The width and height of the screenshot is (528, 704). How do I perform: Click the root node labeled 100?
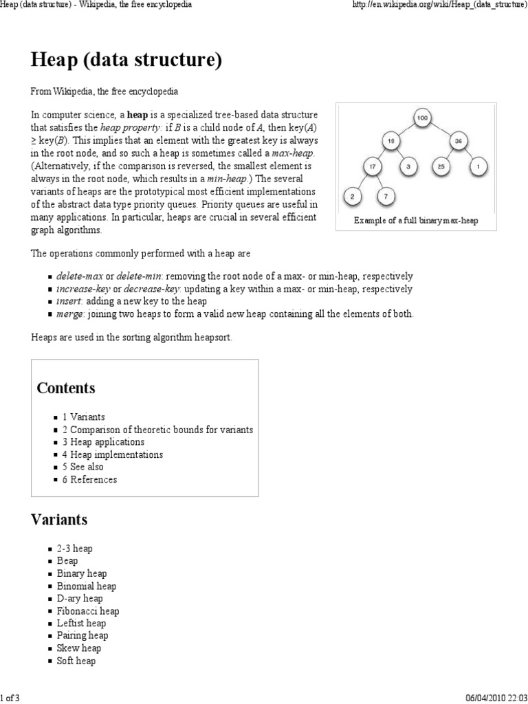coord(422,118)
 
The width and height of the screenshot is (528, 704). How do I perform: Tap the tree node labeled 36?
coord(458,142)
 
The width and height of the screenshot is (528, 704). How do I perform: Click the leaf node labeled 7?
coord(386,197)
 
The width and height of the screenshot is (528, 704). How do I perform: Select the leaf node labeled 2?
coord(353,197)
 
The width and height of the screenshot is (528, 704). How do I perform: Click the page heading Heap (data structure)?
coord(126,60)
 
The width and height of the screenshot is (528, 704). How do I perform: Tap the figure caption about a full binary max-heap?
coord(415,221)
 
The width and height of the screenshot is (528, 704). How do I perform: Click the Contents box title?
coord(66,388)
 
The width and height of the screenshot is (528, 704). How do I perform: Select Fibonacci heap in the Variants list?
coord(88,610)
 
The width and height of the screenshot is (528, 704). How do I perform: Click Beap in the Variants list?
coord(67,561)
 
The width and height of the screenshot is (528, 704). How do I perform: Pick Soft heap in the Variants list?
coord(76,661)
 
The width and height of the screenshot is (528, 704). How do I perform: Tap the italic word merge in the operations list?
coord(69,313)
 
